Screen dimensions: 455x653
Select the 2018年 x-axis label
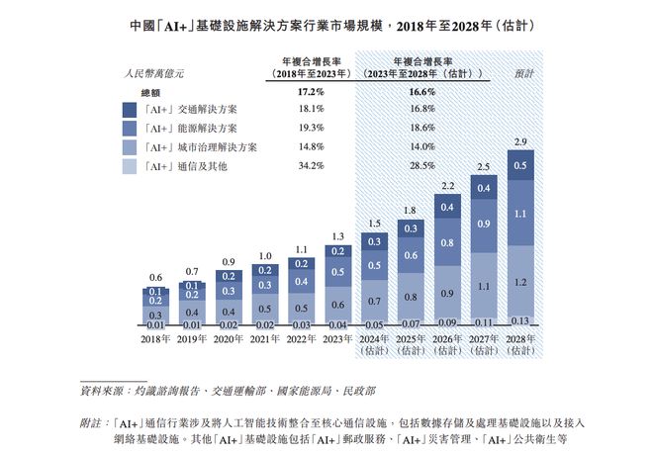[154, 339]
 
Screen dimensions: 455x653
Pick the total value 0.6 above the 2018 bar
[154, 278]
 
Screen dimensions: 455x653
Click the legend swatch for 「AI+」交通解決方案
[129, 110]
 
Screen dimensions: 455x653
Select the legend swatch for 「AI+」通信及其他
[129, 166]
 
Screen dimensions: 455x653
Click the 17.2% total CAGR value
[312, 92]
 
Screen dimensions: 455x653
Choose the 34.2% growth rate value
[312, 166]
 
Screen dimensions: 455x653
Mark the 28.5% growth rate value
[421, 166]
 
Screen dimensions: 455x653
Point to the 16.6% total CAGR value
[421, 92]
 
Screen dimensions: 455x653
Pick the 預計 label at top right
[524, 72]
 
